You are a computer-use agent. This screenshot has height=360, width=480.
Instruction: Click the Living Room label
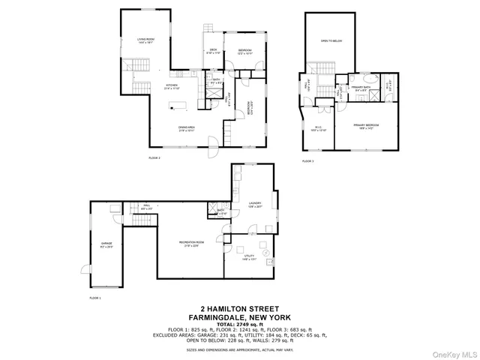[x=145, y=40]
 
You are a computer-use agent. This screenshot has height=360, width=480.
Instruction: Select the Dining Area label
[x=187, y=128]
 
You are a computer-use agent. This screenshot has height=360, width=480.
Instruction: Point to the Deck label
[x=213, y=51]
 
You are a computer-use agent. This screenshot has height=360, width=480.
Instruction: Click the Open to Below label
[x=331, y=41]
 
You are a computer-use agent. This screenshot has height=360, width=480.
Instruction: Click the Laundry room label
[x=255, y=204]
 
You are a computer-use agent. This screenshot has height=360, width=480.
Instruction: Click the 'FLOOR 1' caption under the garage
[x=94, y=298]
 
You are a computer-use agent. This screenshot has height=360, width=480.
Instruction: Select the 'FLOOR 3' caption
[x=307, y=160]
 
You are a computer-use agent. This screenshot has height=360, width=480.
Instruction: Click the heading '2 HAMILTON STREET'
[x=239, y=308]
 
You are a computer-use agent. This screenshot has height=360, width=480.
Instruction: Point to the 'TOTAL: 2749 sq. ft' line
[x=239, y=322]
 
